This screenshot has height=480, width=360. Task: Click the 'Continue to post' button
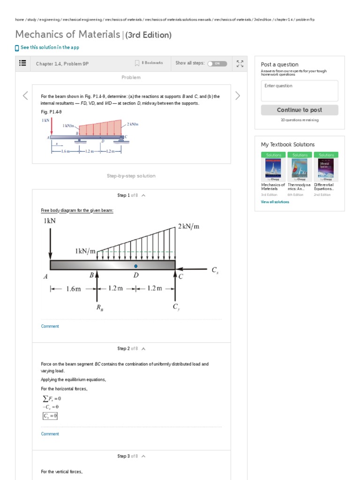point(299,110)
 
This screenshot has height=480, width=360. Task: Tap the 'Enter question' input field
point(299,90)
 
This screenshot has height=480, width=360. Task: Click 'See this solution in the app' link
point(50,47)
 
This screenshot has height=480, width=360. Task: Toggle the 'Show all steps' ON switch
point(217,63)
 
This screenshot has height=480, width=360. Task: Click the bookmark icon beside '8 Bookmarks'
point(137,63)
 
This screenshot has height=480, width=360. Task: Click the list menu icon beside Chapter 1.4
point(22,63)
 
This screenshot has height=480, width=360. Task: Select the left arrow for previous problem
point(25,96)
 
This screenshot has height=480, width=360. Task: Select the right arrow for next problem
point(238,96)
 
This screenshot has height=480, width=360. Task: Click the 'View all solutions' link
point(275,202)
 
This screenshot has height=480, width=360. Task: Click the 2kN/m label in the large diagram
point(188,226)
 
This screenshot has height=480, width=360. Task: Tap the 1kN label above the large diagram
point(50,220)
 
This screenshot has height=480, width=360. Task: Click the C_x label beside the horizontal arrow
point(215,270)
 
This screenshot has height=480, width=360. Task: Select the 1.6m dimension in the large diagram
point(73,289)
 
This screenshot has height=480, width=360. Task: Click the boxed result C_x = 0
point(50,416)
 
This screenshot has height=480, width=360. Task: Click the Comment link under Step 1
point(50,326)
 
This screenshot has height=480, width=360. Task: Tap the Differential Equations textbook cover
point(326,167)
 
